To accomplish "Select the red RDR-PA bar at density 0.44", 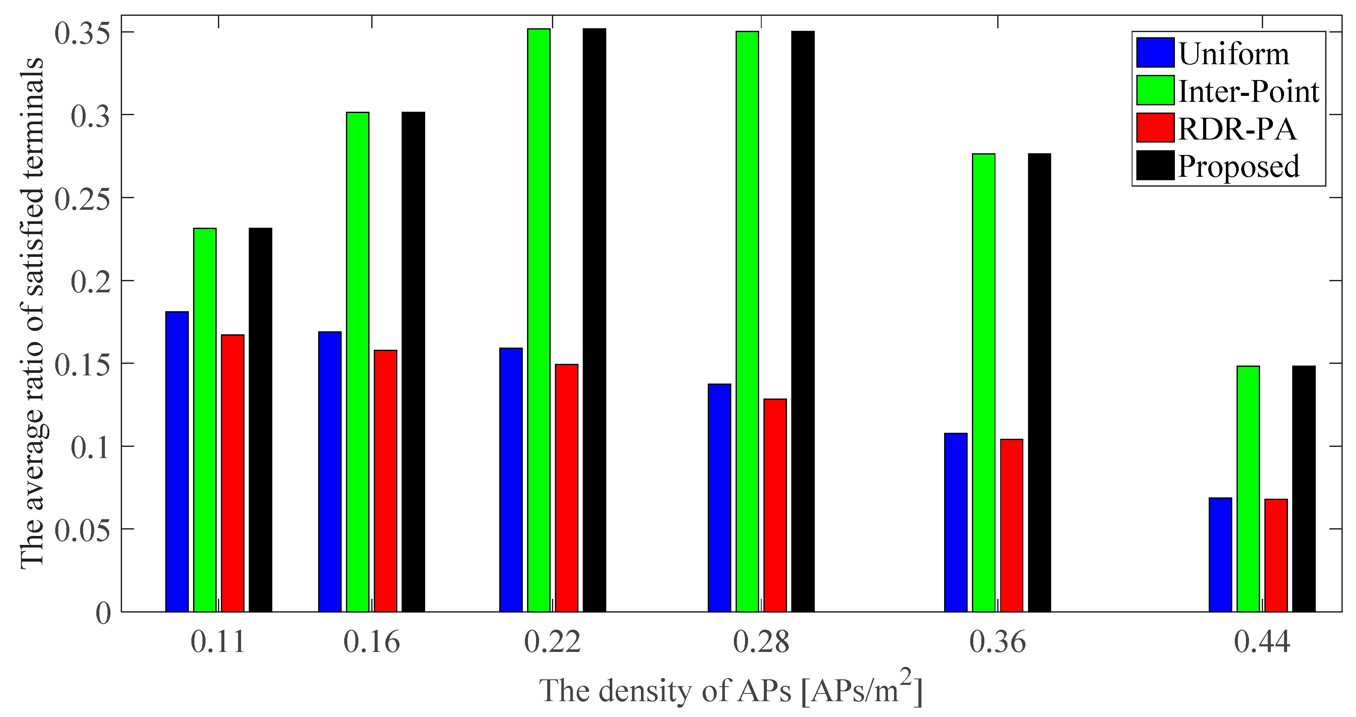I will pos(1276,555).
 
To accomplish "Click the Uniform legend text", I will pos(1234,54).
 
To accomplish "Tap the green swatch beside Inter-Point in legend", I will pos(1155,91).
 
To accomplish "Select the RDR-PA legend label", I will pos(1237,129).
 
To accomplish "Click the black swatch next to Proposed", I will pos(1155,166).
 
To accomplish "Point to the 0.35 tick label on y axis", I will pos(83,33).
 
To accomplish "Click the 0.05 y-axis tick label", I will pos(83,530).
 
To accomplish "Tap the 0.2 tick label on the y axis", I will pos(90,281).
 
